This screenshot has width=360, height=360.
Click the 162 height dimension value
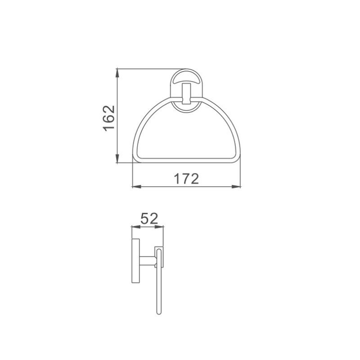(109, 117)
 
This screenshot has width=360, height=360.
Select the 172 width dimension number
(186, 179)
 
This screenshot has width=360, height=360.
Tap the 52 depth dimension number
(148, 219)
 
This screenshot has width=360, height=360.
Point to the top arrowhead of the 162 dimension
(117, 71)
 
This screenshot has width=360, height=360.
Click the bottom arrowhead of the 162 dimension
(117, 162)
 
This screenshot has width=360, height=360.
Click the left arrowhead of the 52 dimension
(133, 227)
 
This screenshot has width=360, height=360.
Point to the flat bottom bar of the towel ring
(186, 160)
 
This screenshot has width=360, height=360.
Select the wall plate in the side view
(135, 261)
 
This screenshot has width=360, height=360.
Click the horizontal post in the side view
(146, 260)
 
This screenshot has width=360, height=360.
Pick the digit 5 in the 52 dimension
(144, 219)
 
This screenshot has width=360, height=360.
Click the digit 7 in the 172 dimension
(186, 179)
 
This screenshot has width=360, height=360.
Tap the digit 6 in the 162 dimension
(109, 117)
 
